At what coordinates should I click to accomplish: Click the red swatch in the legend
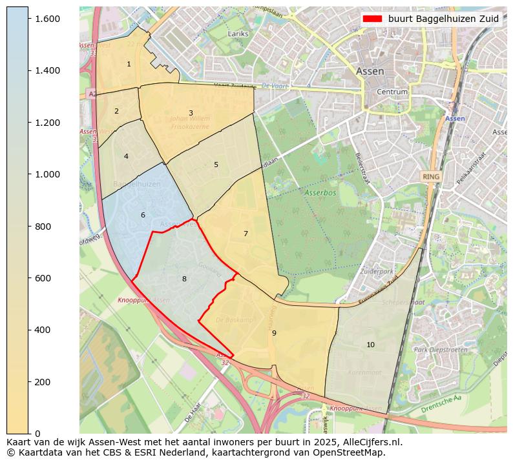click(373, 19)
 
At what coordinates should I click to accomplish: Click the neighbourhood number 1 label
click(129, 64)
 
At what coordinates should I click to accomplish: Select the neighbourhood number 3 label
click(191, 113)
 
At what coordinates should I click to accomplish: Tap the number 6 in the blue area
click(143, 215)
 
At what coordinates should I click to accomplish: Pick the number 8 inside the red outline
click(184, 279)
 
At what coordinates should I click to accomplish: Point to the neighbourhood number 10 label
click(370, 345)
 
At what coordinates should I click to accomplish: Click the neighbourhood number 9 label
click(274, 333)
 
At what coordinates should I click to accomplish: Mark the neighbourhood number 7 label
click(246, 234)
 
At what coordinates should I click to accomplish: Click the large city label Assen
click(370, 71)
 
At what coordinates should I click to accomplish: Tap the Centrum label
click(392, 92)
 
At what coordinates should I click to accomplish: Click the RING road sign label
click(430, 176)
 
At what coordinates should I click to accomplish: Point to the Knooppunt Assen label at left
click(143, 300)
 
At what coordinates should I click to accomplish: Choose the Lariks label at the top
click(238, 33)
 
